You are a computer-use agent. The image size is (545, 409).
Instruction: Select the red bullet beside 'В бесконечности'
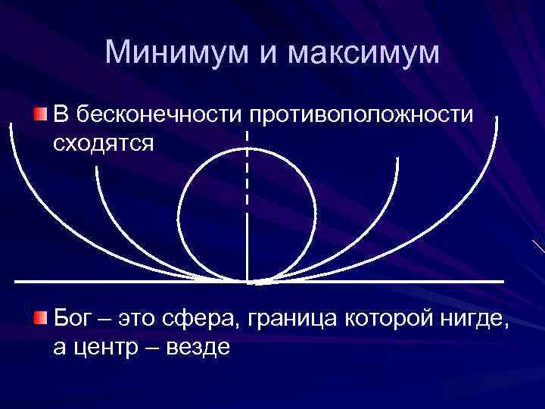41,114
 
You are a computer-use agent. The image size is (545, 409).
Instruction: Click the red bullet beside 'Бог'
41,316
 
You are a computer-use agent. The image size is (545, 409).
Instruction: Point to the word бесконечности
157,115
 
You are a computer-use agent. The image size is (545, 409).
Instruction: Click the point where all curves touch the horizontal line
249,282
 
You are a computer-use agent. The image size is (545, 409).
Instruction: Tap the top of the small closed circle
248,147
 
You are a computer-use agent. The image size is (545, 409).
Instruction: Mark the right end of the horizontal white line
503,282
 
